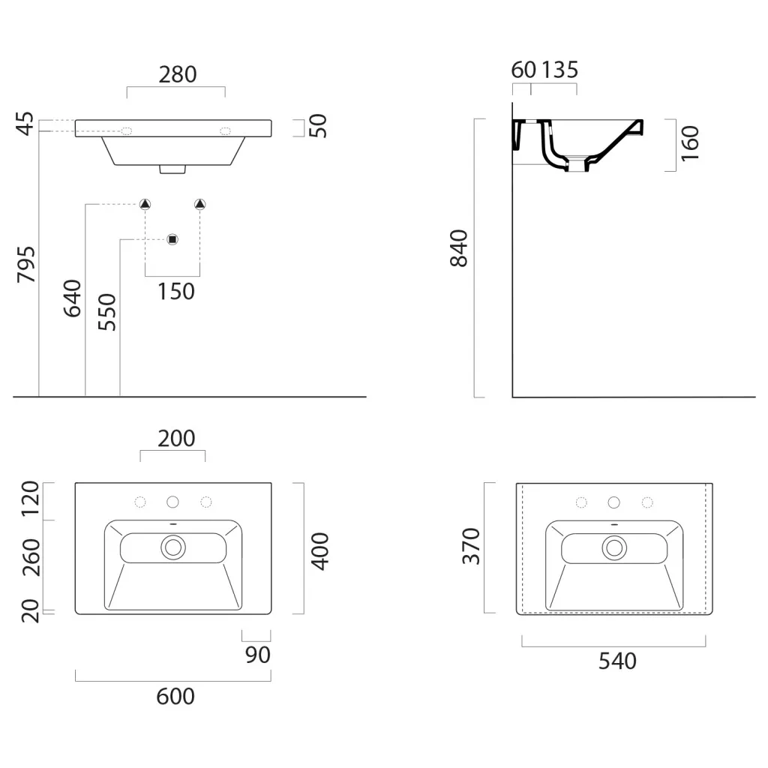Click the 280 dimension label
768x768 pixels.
(177, 75)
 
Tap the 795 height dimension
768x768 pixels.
(26, 265)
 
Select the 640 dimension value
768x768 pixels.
(73, 298)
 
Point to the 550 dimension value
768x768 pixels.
(106, 312)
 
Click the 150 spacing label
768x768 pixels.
(175, 292)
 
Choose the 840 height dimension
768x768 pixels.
(459, 247)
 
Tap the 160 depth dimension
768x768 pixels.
(690, 143)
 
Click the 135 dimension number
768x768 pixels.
(559, 70)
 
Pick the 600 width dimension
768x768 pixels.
(175, 697)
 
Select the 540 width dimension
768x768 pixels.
(617, 661)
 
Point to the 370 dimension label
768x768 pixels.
(471, 546)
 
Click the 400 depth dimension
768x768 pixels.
(319, 551)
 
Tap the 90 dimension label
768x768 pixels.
(258, 655)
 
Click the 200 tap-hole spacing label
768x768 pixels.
(176, 438)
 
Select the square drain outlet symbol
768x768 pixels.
(172, 239)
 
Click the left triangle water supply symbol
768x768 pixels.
(145, 204)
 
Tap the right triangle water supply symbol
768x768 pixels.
(199, 204)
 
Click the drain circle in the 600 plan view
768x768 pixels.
(173, 547)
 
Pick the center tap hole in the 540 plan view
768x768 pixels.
(613, 502)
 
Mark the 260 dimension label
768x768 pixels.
(31, 557)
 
